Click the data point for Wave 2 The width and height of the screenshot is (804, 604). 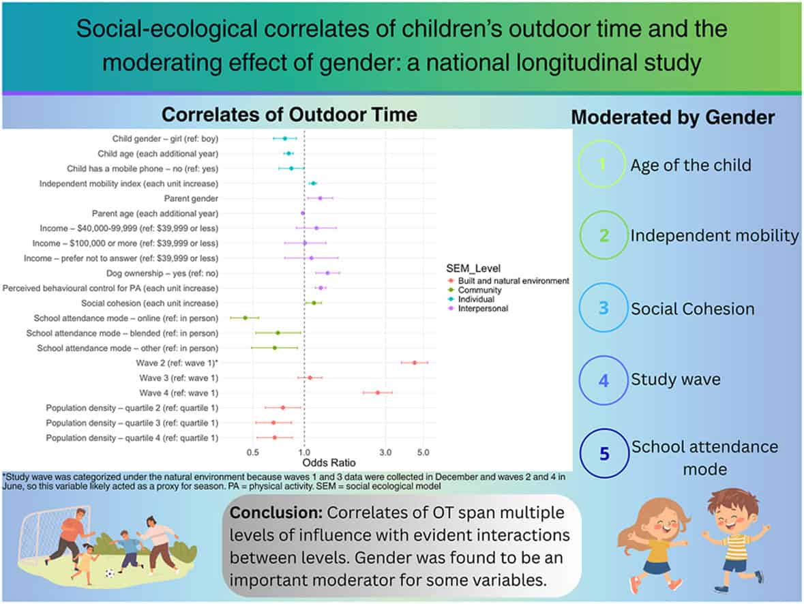415,363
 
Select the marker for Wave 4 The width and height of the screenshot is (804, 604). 377,393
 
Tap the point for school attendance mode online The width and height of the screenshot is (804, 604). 245,318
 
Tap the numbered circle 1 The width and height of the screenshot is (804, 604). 601,164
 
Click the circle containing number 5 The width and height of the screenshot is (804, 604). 603,453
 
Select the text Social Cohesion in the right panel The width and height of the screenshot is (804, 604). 692,309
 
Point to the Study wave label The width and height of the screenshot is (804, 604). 675,379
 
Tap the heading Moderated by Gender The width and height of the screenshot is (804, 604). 672,117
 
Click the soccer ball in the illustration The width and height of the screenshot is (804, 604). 110,573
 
